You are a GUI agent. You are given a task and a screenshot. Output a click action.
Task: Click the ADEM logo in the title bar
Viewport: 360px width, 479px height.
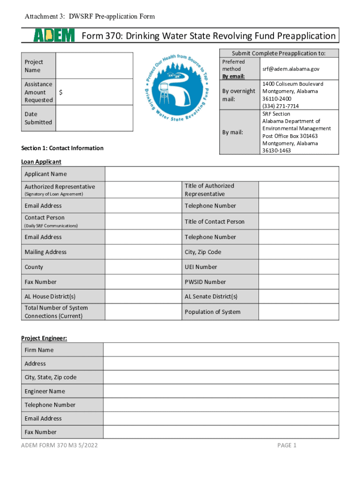(54, 36)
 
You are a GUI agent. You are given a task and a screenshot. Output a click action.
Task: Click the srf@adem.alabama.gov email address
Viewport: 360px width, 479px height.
(290, 69)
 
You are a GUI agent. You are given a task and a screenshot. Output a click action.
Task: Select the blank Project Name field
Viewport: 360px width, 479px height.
(94, 66)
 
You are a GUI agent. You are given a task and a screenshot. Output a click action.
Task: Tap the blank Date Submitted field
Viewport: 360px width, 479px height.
(94, 118)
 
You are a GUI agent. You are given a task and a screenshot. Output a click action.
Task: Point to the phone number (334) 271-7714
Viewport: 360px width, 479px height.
(281, 106)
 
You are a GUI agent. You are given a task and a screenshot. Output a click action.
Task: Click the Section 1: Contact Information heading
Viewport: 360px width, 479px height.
(62, 148)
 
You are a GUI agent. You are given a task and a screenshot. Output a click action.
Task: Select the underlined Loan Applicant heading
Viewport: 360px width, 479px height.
(41, 162)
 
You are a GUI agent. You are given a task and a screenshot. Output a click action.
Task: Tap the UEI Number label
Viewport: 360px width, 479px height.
(201, 267)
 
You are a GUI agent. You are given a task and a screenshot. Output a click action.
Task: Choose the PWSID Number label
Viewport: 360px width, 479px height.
(205, 282)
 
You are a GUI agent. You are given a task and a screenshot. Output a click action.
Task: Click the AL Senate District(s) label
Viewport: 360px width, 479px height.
(211, 297)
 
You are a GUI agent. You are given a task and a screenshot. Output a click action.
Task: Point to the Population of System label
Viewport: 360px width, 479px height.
(213, 312)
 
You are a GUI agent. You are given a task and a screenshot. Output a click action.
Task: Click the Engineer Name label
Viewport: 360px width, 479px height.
(45, 391)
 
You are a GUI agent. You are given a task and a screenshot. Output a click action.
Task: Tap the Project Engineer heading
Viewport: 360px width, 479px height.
(44, 338)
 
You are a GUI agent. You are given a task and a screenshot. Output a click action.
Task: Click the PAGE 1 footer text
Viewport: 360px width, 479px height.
(287, 445)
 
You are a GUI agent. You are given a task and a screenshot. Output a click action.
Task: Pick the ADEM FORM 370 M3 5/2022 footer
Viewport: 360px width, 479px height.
(59, 445)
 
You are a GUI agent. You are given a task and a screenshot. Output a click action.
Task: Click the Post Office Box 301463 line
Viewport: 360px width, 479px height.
(290, 136)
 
